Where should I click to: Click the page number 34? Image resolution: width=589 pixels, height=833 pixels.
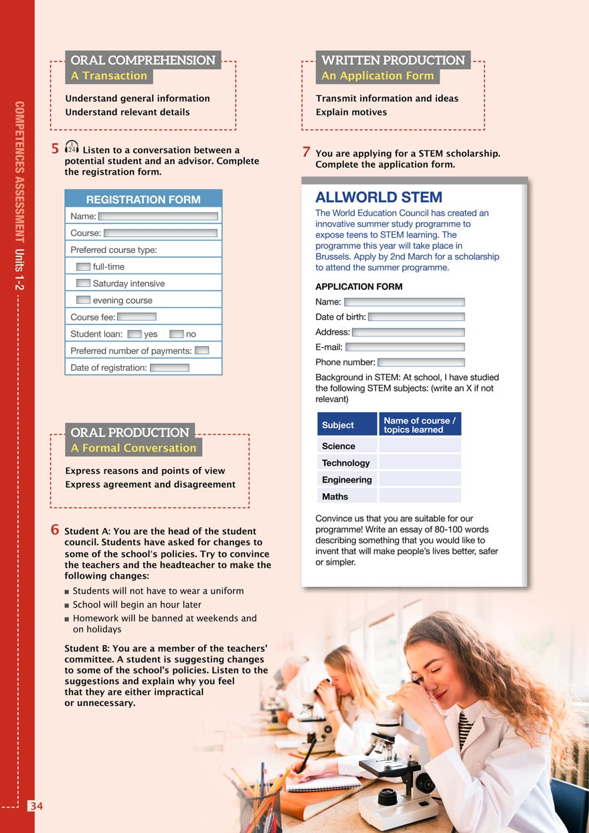[35, 806]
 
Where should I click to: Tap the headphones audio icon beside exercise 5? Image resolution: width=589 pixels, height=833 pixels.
[72, 147]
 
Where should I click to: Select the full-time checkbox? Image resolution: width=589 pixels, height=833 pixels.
[83, 266]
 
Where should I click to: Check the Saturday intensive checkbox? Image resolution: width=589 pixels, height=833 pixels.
[83, 283]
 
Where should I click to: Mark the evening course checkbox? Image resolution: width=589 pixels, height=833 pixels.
[83, 300]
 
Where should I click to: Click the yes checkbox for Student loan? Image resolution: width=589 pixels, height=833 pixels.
[134, 333]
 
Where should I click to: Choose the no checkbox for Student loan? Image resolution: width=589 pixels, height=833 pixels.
[176, 333]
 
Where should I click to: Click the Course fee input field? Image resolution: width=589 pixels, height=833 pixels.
[137, 316]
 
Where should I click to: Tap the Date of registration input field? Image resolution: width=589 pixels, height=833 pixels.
[169, 367]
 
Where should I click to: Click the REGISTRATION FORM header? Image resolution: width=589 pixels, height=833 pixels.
[143, 199]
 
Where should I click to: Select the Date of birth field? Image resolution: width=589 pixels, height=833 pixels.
[416, 316]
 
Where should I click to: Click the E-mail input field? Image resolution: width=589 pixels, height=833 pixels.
[404, 347]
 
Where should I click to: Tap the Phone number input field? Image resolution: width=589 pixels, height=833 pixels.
[420, 362]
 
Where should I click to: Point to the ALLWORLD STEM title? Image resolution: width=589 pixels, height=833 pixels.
[378, 197]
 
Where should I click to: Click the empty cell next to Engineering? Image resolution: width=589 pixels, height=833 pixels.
[420, 479]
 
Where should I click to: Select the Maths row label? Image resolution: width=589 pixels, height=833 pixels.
[335, 496]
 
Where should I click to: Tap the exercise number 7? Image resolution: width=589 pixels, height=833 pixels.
[306, 152]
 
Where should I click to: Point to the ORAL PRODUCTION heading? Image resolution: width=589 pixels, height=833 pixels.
[130, 432]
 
